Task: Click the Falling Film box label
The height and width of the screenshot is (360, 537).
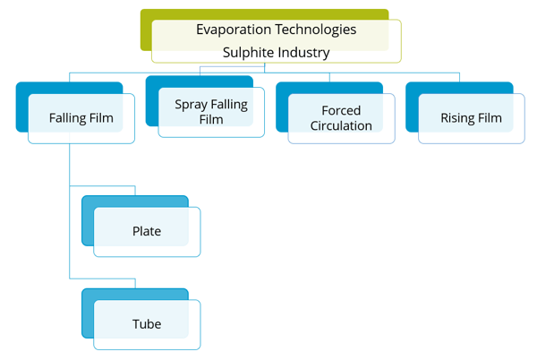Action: tap(81, 118)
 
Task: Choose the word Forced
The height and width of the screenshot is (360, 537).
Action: tap(341, 111)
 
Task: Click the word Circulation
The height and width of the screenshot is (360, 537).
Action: tap(341, 126)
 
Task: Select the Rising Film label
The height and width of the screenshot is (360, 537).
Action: tap(471, 118)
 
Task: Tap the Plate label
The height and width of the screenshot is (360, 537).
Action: tap(147, 231)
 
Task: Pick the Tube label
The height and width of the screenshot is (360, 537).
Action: tap(147, 323)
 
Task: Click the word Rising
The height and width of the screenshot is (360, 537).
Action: tap(457, 118)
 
